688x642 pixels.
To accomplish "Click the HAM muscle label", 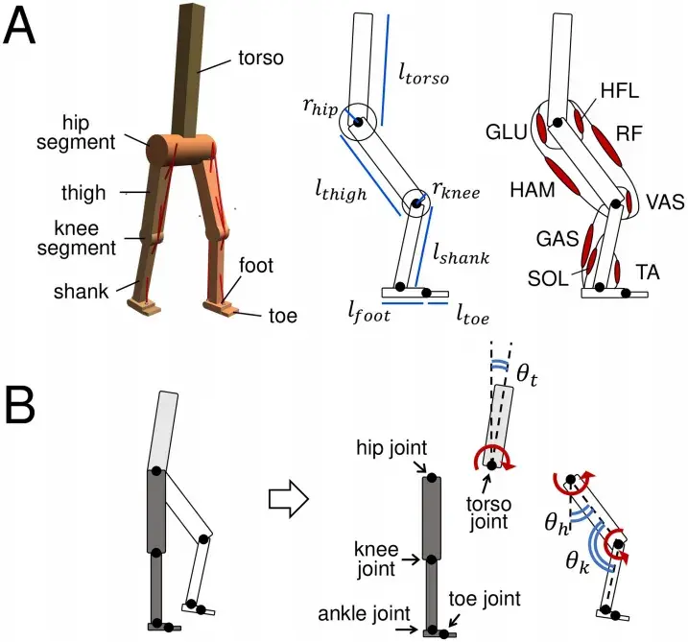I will coord(532,190).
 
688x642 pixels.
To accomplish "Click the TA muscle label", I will coord(647,273).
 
